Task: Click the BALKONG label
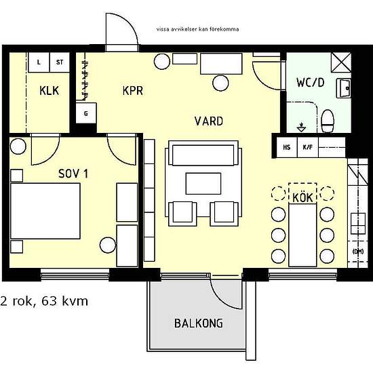click(198, 323)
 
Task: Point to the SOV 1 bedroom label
click(73, 174)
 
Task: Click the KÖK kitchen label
click(302, 197)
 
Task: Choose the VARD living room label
click(208, 121)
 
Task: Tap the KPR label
click(133, 90)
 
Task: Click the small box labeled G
click(85, 114)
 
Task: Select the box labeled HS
click(286, 146)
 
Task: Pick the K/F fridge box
click(307, 146)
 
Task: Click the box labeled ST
click(60, 62)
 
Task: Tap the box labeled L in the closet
click(39, 62)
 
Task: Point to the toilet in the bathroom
click(328, 121)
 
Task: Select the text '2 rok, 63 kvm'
click(45, 300)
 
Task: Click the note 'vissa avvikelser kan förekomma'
click(197, 30)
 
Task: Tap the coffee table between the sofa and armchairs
click(203, 183)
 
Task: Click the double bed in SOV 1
click(45, 211)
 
